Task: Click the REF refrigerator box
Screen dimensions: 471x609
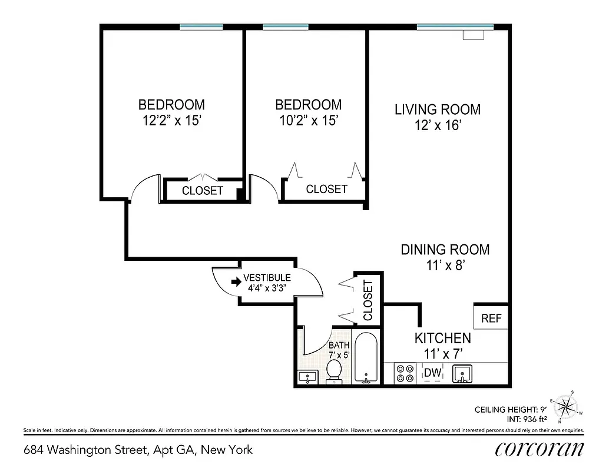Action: [x=491, y=318]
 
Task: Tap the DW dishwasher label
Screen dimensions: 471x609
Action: [x=433, y=372]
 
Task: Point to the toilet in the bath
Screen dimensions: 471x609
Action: [x=334, y=372]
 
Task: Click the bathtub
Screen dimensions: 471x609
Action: [x=367, y=359]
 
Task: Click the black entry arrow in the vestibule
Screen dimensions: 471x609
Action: [x=236, y=282]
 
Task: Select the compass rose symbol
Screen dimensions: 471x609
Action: [x=567, y=406]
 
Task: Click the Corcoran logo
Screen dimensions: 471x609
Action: [x=540, y=449]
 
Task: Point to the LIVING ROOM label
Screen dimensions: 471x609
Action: [x=437, y=110]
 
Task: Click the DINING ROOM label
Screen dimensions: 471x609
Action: [x=445, y=250]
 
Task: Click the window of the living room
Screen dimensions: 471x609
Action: [x=455, y=26]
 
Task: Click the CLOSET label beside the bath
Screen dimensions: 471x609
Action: [x=368, y=300]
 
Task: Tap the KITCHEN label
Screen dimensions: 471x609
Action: [x=443, y=338]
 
